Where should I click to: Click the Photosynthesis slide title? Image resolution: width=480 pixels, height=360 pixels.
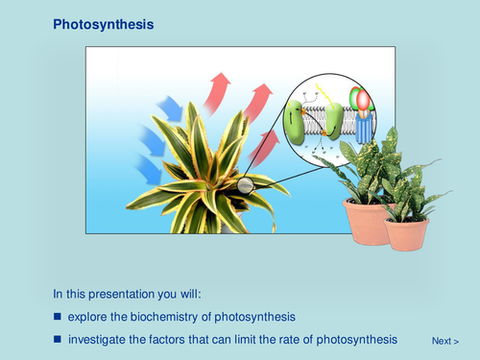click(102, 22)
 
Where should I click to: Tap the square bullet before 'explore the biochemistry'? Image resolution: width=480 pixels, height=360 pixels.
click(58, 317)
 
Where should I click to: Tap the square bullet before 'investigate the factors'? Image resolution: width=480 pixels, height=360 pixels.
click(58, 339)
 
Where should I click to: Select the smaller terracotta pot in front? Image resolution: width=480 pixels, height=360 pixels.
click(407, 232)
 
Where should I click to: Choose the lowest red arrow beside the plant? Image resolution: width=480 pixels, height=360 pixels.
click(265, 144)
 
